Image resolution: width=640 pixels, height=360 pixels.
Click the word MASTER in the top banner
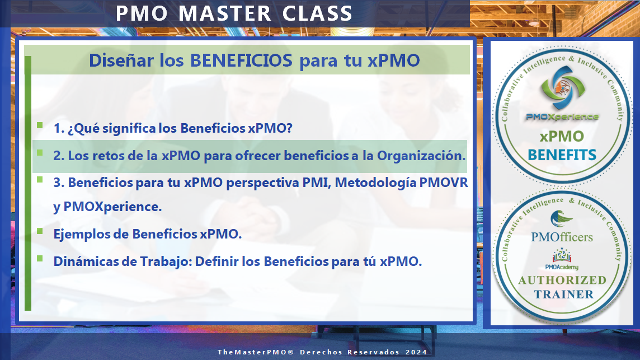[225, 13]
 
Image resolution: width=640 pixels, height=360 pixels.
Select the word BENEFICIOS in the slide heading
[241, 60]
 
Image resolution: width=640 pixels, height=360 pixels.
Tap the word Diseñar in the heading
[121, 60]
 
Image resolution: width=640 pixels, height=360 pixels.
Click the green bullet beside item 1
[40, 125]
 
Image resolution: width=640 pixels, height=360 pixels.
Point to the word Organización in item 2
[421, 156]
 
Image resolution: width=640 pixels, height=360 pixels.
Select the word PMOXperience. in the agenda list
[112, 207]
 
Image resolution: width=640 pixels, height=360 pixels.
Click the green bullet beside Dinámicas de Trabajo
[40, 258]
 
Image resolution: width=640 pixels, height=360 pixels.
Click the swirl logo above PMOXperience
[562, 87]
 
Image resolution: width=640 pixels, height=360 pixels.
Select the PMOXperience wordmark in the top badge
[562, 117]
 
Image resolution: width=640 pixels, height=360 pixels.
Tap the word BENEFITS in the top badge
[562, 155]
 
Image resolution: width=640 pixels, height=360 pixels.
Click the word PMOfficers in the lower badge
[562, 237]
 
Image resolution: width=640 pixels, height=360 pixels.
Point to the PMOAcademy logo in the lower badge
[562, 259]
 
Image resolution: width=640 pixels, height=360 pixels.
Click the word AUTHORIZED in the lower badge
[562, 280]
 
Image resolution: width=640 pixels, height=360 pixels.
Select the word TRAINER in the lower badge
[564, 294]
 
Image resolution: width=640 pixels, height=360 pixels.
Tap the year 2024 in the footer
[416, 352]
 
